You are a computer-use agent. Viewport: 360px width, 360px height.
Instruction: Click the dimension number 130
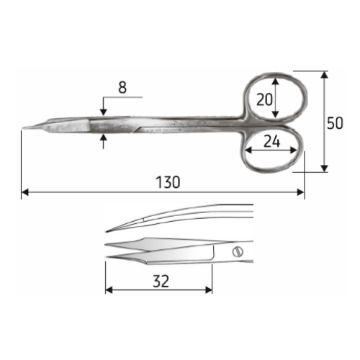[x=168, y=182]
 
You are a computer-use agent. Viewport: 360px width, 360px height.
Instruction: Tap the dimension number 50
[x=335, y=123]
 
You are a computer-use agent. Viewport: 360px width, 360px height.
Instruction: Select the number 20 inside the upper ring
[x=264, y=99]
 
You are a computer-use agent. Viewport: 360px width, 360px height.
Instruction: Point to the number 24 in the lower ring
[x=271, y=141]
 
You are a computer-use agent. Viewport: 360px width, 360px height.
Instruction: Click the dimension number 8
[x=122, y=87]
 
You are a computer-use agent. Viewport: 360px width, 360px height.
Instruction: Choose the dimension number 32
[x=161, y=282]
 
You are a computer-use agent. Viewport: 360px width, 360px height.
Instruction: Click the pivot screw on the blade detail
[x=238, y=252]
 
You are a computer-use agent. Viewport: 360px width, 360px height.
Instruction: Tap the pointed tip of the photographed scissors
[x=22, y=128]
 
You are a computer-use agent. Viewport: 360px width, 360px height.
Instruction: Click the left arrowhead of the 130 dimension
[x=25, y=192]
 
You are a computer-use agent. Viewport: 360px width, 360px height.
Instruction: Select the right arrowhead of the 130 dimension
[x=300, y=192]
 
